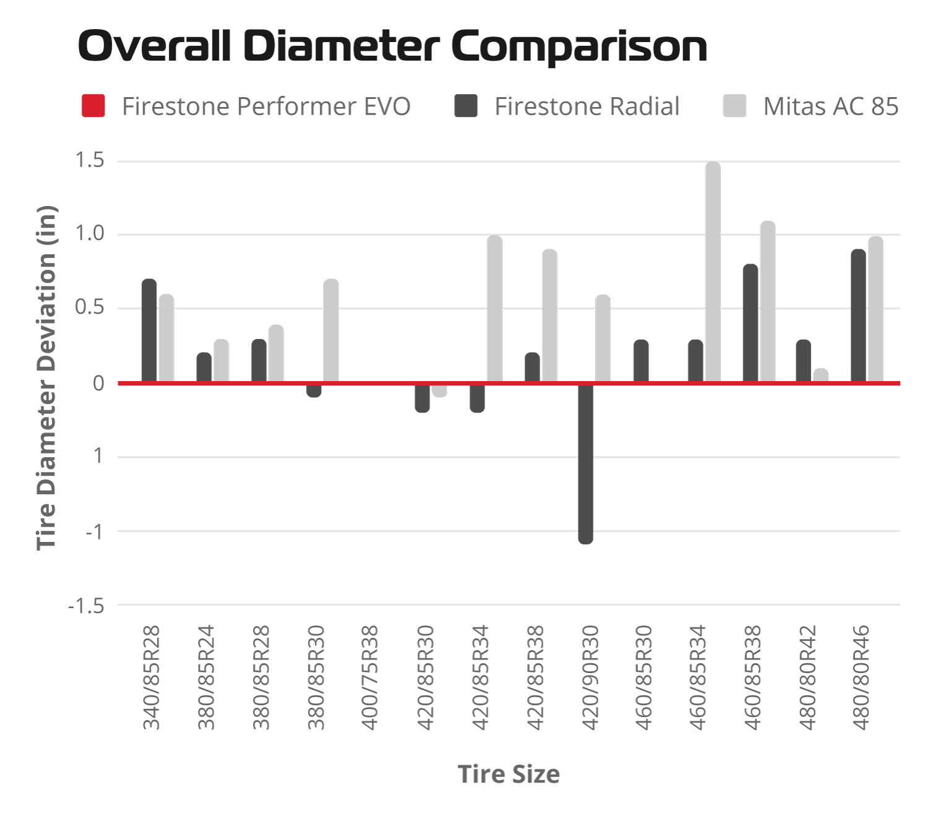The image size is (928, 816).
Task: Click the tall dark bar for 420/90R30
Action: click(x=585, y=463)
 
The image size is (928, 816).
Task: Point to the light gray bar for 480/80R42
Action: click(x=821, y=375)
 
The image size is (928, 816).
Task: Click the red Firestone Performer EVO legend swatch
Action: click(x=93, y=106)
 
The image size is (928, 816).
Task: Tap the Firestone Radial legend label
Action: click(x=586, y=106)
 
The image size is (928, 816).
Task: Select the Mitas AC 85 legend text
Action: click(x=830, y=106)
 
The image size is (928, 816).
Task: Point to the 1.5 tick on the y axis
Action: click(x=90, y=161)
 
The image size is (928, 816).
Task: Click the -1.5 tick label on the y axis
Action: click(x=86, y=606)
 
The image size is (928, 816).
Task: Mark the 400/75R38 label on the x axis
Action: click(x=370, y=677)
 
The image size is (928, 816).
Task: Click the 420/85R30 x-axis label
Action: click(x=425, y=677)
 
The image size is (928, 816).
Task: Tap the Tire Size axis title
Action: click(x=509, y=774)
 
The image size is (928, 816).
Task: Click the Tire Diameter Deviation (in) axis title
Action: click(x=47, y=377)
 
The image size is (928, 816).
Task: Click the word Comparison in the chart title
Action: click(x=579, y=46)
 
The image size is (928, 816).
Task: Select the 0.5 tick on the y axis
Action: click(x=90, y=307)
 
